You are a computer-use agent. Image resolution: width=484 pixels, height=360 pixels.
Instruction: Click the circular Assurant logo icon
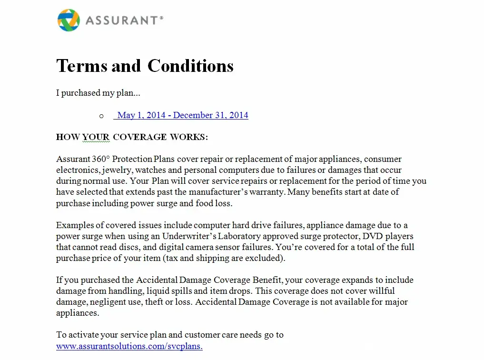(x=69, y=20)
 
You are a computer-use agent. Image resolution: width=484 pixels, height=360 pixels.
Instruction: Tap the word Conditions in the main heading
(x=190, y=66)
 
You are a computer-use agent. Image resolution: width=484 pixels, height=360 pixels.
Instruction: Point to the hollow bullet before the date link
(x=101, y=116)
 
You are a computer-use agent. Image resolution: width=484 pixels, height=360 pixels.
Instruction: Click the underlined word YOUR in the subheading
(x=96, y=137)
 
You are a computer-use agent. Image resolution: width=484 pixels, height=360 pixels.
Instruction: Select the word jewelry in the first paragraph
(x=116, y=170)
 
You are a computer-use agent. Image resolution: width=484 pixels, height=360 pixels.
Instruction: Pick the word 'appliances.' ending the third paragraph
(x=78, y=313)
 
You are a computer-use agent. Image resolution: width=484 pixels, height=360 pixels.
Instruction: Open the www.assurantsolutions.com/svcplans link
(x=129, y=346)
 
